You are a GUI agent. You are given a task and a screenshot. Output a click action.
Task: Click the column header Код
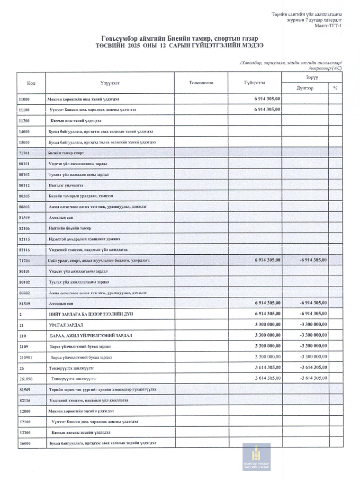point(31,83)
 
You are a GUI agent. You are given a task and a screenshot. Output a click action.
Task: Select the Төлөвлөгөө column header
point(201,83)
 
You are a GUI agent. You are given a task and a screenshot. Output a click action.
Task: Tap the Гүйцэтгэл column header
point(255,83)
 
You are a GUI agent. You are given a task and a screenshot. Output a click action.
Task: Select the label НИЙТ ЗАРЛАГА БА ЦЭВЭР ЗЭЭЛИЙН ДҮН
point(86,314)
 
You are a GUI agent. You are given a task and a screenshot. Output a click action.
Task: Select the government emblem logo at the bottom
point(256,457)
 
